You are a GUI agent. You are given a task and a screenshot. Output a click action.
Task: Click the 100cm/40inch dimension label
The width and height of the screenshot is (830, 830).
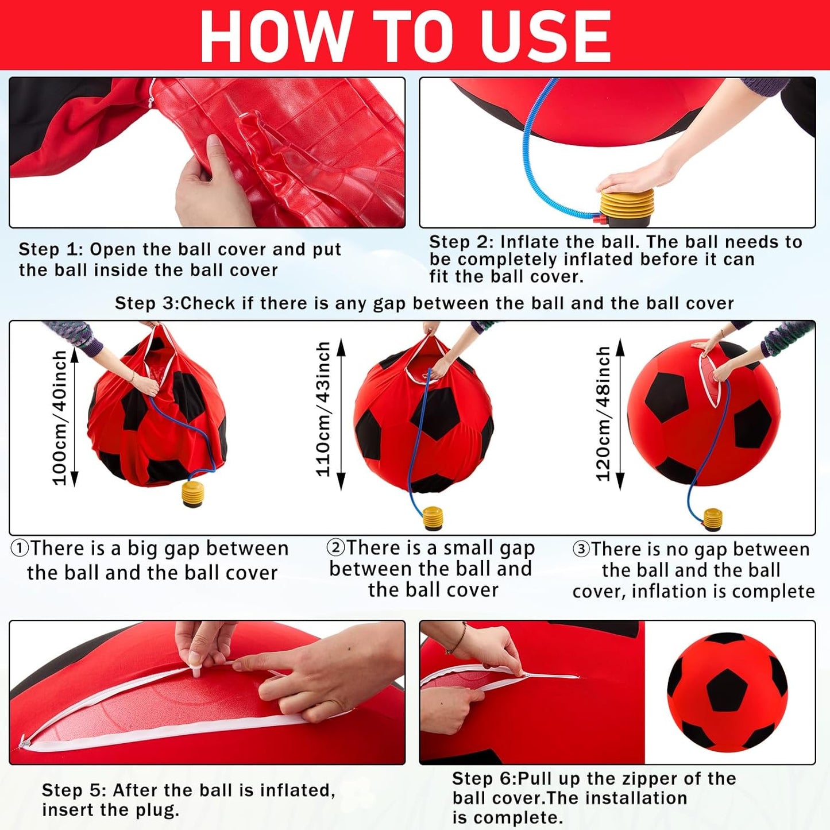(x=60, y=418)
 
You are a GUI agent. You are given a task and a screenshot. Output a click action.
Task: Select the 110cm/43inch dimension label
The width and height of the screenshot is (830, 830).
(x=323, y=409)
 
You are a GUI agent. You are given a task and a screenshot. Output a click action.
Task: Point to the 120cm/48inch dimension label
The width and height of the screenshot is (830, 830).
(x=603, y=414)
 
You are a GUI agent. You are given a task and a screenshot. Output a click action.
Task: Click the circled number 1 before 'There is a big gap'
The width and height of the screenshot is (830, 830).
(x=20, y=549)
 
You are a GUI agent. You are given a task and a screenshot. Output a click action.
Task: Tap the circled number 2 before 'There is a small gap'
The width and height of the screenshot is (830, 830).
(x=335, y=547)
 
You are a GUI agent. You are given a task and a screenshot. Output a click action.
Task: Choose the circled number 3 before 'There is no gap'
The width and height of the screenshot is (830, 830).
(x=581, y=549)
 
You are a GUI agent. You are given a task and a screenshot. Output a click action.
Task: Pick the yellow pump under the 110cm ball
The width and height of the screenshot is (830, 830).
(x=433, y=518)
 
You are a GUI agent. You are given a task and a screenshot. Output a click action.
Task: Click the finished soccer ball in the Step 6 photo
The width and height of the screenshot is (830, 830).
(x=727, y=692)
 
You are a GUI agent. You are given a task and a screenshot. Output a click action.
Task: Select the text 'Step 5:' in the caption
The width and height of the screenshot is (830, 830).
(x=74, y=790)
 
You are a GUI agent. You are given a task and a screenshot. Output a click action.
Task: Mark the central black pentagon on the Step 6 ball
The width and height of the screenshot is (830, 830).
(x=727, y=689)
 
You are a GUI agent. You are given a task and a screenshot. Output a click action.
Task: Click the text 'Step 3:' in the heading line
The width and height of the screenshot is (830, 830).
(x=146, y=303)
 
